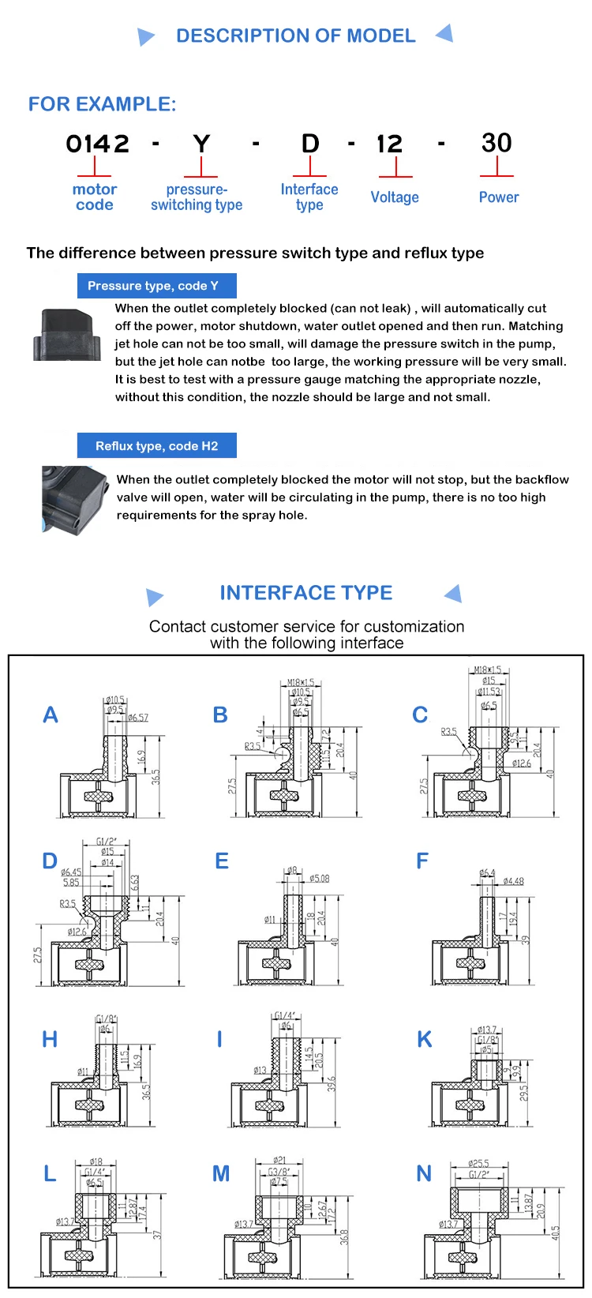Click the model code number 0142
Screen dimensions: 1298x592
97,144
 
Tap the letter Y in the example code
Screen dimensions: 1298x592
201,144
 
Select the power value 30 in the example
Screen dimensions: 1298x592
496,143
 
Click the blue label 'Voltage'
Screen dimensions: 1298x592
395,197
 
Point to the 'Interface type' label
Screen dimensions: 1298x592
309,197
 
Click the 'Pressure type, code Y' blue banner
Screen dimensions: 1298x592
156,286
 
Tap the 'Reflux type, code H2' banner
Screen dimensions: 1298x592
156,446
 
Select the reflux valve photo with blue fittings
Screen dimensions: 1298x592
74,497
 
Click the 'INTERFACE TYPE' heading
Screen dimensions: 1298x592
305,593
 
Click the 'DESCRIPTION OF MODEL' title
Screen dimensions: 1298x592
295,36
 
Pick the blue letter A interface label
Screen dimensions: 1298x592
50,715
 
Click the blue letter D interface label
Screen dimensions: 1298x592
50,861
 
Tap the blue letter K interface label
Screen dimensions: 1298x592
425,1040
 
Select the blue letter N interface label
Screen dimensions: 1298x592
424,1174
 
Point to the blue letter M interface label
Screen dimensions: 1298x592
221,1174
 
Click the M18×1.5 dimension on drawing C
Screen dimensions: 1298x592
487,670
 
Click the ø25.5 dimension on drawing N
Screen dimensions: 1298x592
478,1164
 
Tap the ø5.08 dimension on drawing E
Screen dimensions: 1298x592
319,879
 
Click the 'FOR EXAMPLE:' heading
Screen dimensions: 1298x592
102,104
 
